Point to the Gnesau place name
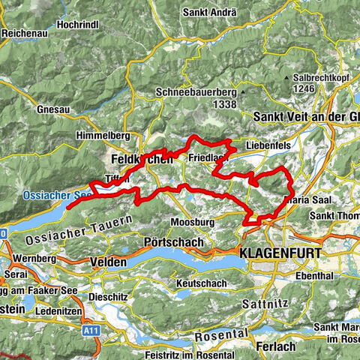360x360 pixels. (x=51, y=109)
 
